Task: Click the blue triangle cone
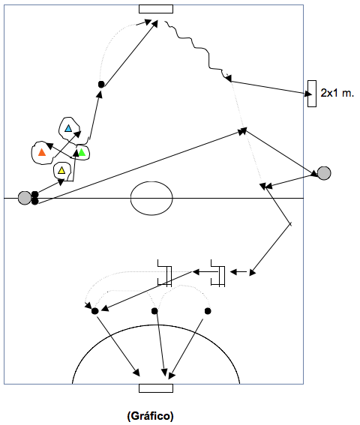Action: click(x=68, y=128)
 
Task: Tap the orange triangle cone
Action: click(x=42, y=152)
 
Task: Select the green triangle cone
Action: click(x=82, y=152)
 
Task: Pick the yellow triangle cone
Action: click(x=61, y=170)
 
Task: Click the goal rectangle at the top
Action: click(x=156, y=9)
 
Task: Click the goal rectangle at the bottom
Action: click(x=156, y=388)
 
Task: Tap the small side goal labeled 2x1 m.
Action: click(x=312, y=94)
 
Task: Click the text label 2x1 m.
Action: click(x=337, y=93)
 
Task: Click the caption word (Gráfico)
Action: click(x=150, y=415)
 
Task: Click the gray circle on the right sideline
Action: click(x=324, y=173)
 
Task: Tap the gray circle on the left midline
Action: click(x=25, y=198)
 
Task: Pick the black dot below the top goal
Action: click(x=101, y=84)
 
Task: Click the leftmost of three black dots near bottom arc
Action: click(x=94, y=311)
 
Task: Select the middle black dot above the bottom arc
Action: click(x=154, y=311)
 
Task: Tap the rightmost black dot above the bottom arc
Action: click(x=208, y=311)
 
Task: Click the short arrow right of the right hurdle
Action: click(x=238, y=271)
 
